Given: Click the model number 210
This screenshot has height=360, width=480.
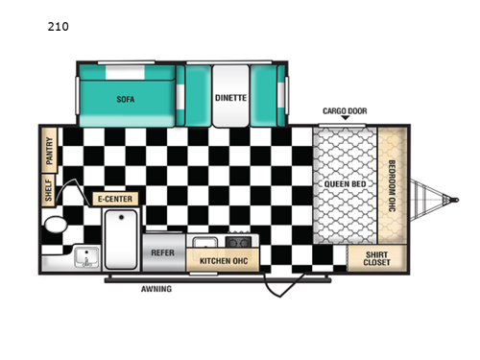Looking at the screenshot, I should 58,27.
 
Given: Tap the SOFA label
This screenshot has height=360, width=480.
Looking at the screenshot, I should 125,99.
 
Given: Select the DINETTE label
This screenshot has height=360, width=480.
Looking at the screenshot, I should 231,98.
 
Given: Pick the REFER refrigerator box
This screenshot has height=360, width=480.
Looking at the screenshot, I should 162,253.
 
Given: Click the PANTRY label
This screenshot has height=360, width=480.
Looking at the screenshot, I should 49,149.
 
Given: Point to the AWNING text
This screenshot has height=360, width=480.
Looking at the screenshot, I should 156,288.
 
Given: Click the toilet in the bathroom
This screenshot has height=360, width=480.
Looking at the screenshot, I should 55,228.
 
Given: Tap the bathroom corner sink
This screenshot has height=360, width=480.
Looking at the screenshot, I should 84,256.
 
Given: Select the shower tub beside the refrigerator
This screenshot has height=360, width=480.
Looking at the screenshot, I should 120,241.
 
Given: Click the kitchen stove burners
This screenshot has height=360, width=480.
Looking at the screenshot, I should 238,243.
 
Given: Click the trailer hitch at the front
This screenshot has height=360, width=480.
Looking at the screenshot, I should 444,200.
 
